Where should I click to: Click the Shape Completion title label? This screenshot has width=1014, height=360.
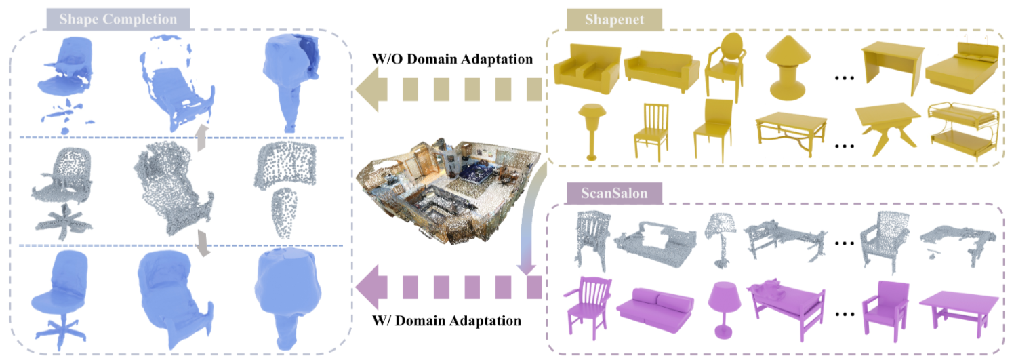click(118, 19)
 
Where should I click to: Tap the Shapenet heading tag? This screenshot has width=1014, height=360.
click(614, 20)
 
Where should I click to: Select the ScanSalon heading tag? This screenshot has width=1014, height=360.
click(614, 193)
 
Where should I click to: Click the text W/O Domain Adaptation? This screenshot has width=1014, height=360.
click(452, 59)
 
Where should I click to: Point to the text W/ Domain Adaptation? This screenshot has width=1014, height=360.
click(447, 321)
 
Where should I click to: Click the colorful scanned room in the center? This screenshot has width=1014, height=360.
click(448, 191)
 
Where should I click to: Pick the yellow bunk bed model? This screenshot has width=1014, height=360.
click(963, 131)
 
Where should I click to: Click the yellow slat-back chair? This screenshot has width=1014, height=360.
click(651, 132)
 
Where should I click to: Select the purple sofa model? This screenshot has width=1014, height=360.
click(655, 309)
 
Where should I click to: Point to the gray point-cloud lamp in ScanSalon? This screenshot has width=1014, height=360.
click(720, 239)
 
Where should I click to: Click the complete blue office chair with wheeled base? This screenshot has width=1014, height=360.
click(59, 300)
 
